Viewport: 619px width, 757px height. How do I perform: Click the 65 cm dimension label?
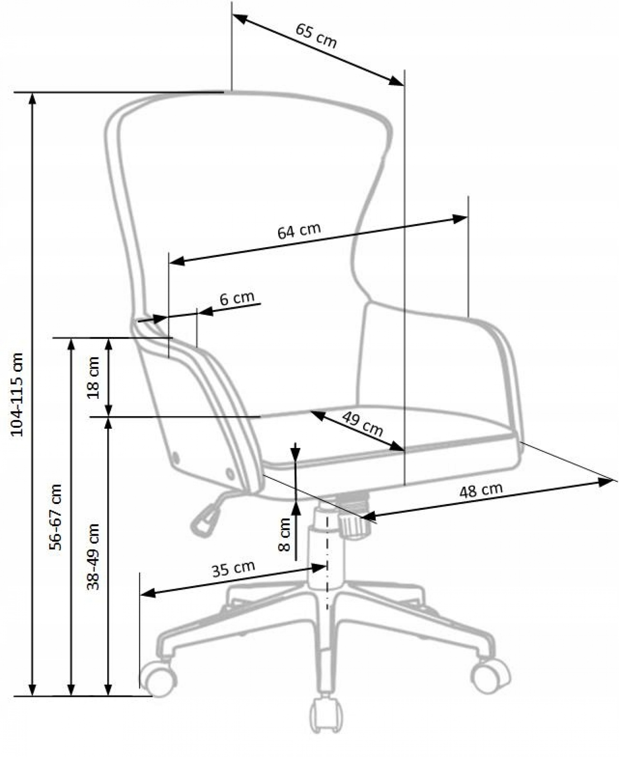pyautogui.click(x=316, y=36)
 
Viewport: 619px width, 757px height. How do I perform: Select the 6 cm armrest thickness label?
pyautogui.click(x=237, y=297)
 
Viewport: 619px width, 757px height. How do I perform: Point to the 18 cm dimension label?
pyautogui.click(x=94, y=377)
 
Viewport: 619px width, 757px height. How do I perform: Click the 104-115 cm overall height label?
pyautogui.click(x=17, y=395)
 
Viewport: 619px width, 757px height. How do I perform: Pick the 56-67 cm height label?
pyautogui.click(x=55, y=517)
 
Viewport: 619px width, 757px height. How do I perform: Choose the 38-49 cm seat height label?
pyautogui.click(x=93, y=557)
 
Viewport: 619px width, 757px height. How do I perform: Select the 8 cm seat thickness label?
pyautogui.click(x=284, y=535)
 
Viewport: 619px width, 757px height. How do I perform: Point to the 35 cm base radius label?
pyautogui.click(x=234, y=569)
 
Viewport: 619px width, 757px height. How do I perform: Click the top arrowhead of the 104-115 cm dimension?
pyautogui.click(x=32, y=99)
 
